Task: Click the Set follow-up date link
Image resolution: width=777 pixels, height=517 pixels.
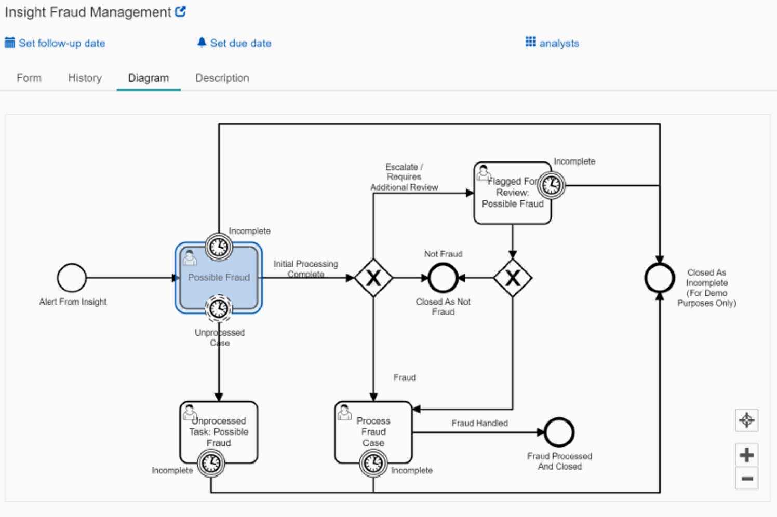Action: click(61, 44)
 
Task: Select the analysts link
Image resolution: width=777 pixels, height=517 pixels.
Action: click(558, 44)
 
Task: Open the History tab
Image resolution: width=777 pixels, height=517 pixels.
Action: click(85, 78)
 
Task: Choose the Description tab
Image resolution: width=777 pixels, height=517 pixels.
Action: click(222, 78)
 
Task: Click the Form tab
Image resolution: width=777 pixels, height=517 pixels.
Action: click(29, 78)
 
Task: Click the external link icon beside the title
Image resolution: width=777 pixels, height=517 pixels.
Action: click(180, 12)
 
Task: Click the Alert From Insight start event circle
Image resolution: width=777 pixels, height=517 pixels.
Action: click(72, 278)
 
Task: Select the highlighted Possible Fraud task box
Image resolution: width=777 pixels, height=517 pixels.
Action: click(219, 278)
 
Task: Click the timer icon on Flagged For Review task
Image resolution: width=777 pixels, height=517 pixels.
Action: click(551, 185)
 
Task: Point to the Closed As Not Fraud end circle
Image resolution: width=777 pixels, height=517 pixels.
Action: click(443, 278)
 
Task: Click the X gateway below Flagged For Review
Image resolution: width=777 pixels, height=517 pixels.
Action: click(513, 278)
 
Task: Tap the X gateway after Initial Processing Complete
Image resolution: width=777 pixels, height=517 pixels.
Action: click(373, 278)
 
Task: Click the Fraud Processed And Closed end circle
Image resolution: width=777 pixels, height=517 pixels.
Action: click(559, 432)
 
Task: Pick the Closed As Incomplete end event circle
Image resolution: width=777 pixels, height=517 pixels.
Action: click(659, 278)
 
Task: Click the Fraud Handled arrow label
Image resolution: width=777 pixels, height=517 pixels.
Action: click(479, 423)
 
